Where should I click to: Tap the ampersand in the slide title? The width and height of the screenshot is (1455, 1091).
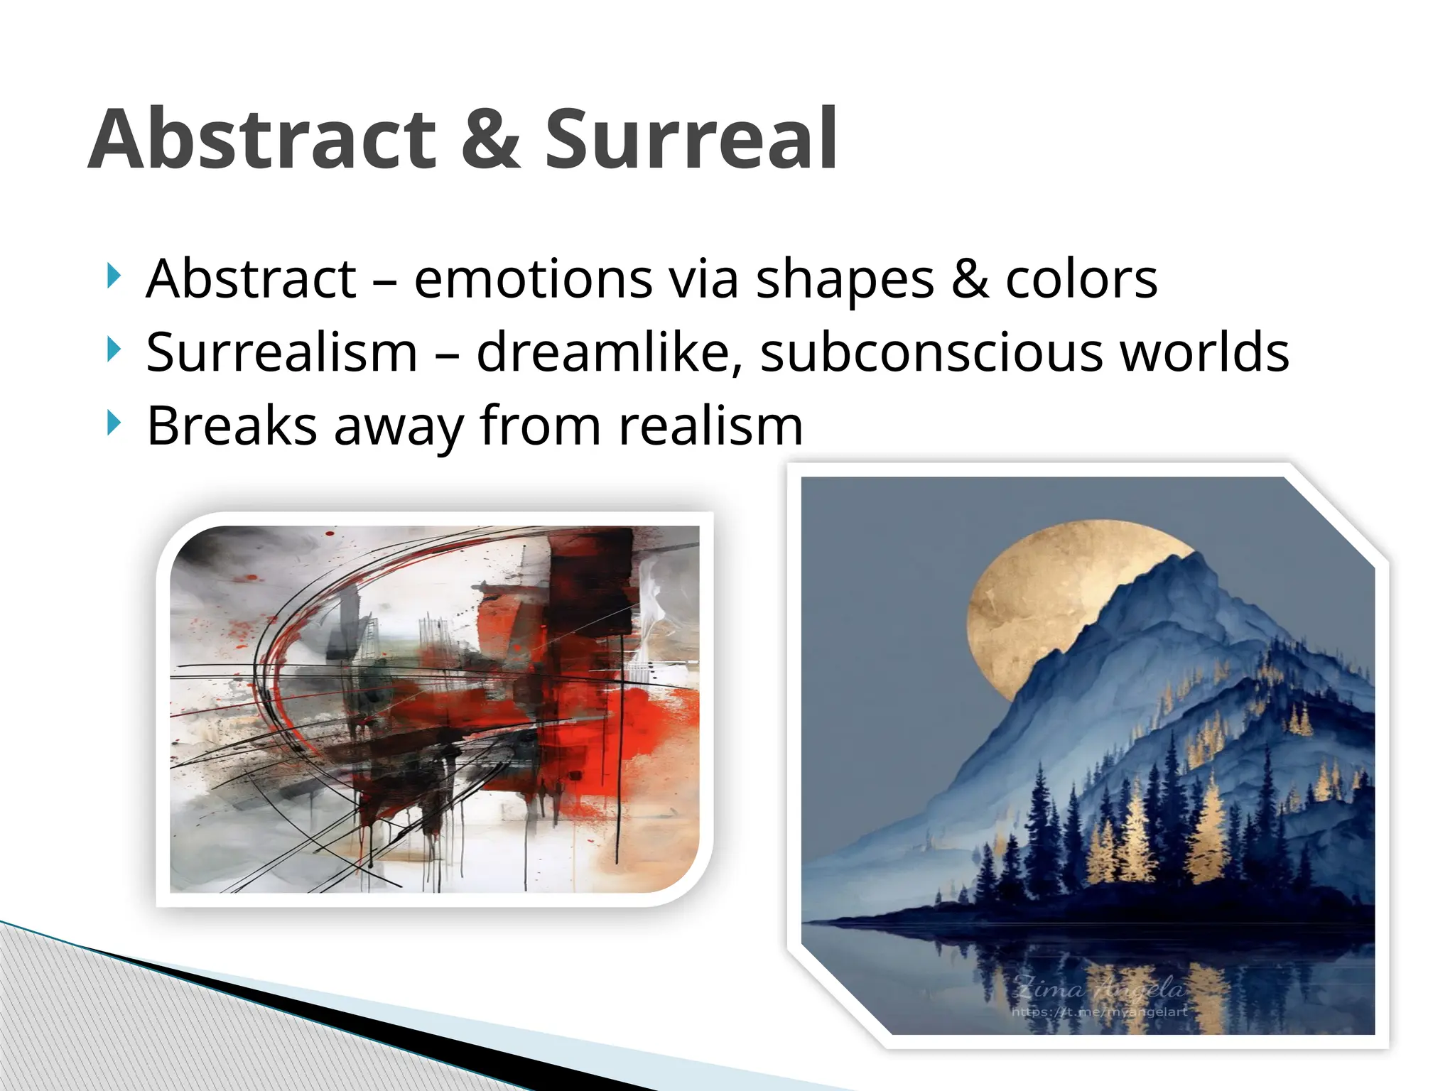click(x=490, y=139)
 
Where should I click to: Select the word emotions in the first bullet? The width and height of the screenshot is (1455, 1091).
click(x=533, y=279)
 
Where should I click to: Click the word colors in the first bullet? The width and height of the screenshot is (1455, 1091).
click(x=1081, y=279)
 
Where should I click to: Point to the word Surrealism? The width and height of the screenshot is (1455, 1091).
click(x=281, y=352)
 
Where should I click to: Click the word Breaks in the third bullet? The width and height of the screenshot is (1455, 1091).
click(x=232, y=426)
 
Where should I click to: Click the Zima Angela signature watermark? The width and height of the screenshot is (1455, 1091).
click(x=1098, y=988)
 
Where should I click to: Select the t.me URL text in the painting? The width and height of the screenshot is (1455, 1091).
click(x=1098, y=1011)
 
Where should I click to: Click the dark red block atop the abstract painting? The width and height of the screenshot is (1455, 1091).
click(x=590, y=561)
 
